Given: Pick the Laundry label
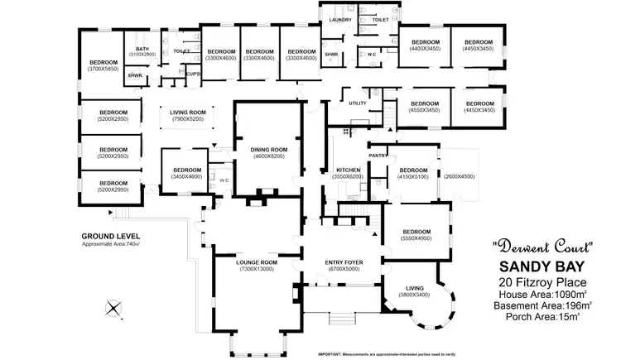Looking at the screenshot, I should pyautogui.click(x=339, y=19).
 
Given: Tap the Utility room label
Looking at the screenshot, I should pyautogui.click(x=358, y=103).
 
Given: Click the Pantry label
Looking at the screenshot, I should pyautogui.click(x=378, y=155).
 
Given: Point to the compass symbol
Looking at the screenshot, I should pyautogui.click(x=113, y=310).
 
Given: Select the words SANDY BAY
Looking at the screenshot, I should pyautogui.click(x=542, y=266).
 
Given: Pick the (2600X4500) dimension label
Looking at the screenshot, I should pyautogui.click(x=459, y=176).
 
